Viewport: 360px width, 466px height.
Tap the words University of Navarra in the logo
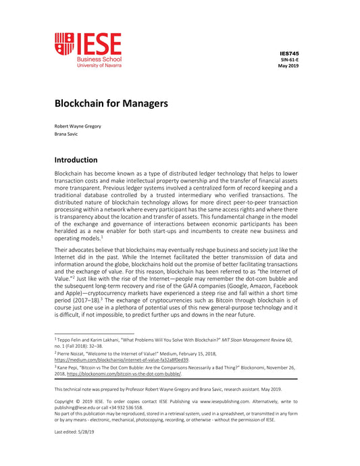click(x=99, y=66)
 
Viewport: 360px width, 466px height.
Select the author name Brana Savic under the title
click(x=66, y=134)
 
